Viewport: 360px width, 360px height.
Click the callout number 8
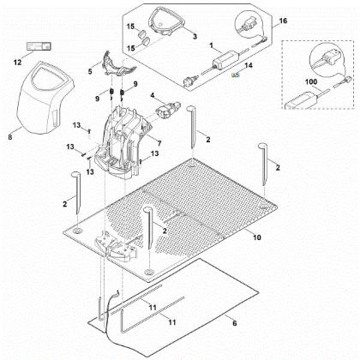pos(9,134)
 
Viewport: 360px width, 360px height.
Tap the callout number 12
pos(17,61)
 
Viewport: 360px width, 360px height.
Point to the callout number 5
pos(89,73)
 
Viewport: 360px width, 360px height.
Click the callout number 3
pos(194,37)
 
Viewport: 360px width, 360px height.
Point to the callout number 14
pos(249,64)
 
